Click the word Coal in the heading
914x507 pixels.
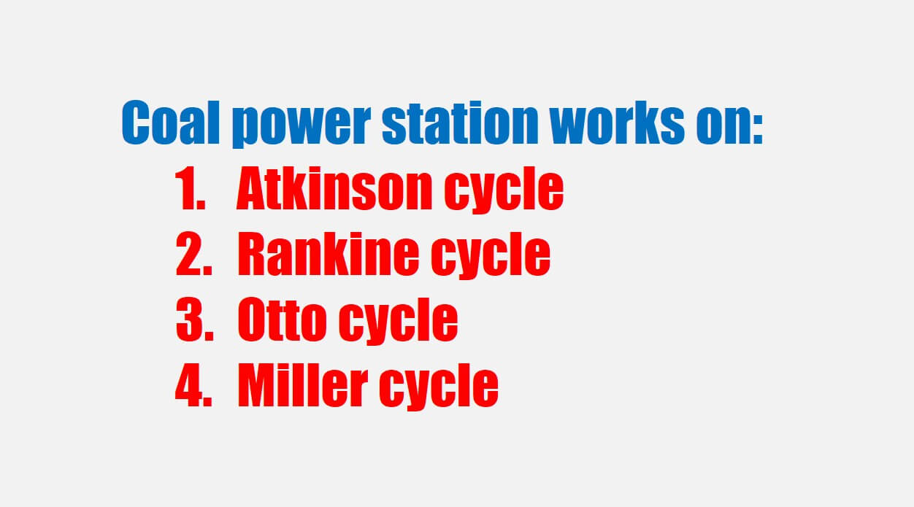(x=171, y=123)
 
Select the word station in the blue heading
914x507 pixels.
(x=460, y=123)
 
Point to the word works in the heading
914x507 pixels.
(x=617, y=123)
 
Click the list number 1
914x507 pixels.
(x=190, y=188)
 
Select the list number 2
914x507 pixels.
(x=193, y=254)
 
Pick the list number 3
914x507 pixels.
(x=195, y=320)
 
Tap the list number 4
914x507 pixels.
(x=193, y=385)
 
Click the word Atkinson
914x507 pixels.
(x=334, y=188)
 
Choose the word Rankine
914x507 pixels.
(x=329, y=254)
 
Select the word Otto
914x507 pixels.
(x=283, y=320)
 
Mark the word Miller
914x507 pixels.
(x=303, y=385)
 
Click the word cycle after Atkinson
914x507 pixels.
(x=504, y=190)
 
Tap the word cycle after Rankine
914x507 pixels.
(x=491, y=256)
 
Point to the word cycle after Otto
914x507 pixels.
(x=399, y=322)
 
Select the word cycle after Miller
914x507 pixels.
(x=439, y=387)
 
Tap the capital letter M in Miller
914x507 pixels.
(x=258, y=385)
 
